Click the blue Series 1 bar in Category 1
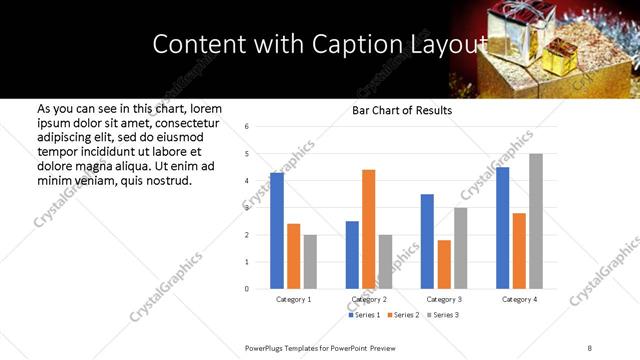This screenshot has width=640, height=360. point(277,231)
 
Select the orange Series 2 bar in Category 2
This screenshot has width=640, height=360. point(368,229)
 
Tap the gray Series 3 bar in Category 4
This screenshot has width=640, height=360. point(536,221)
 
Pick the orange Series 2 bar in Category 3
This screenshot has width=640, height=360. point(444,265)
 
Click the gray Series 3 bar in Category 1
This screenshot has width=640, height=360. point(310,262)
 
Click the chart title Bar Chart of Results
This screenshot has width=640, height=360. point(402,110)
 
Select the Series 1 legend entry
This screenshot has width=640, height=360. point(363,315)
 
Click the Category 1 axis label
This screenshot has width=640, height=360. point(293,299)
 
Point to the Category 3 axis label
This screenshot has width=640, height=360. point(444,299)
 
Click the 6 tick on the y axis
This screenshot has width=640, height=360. point(247,127)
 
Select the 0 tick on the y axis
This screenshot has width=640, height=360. point(247,289)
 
